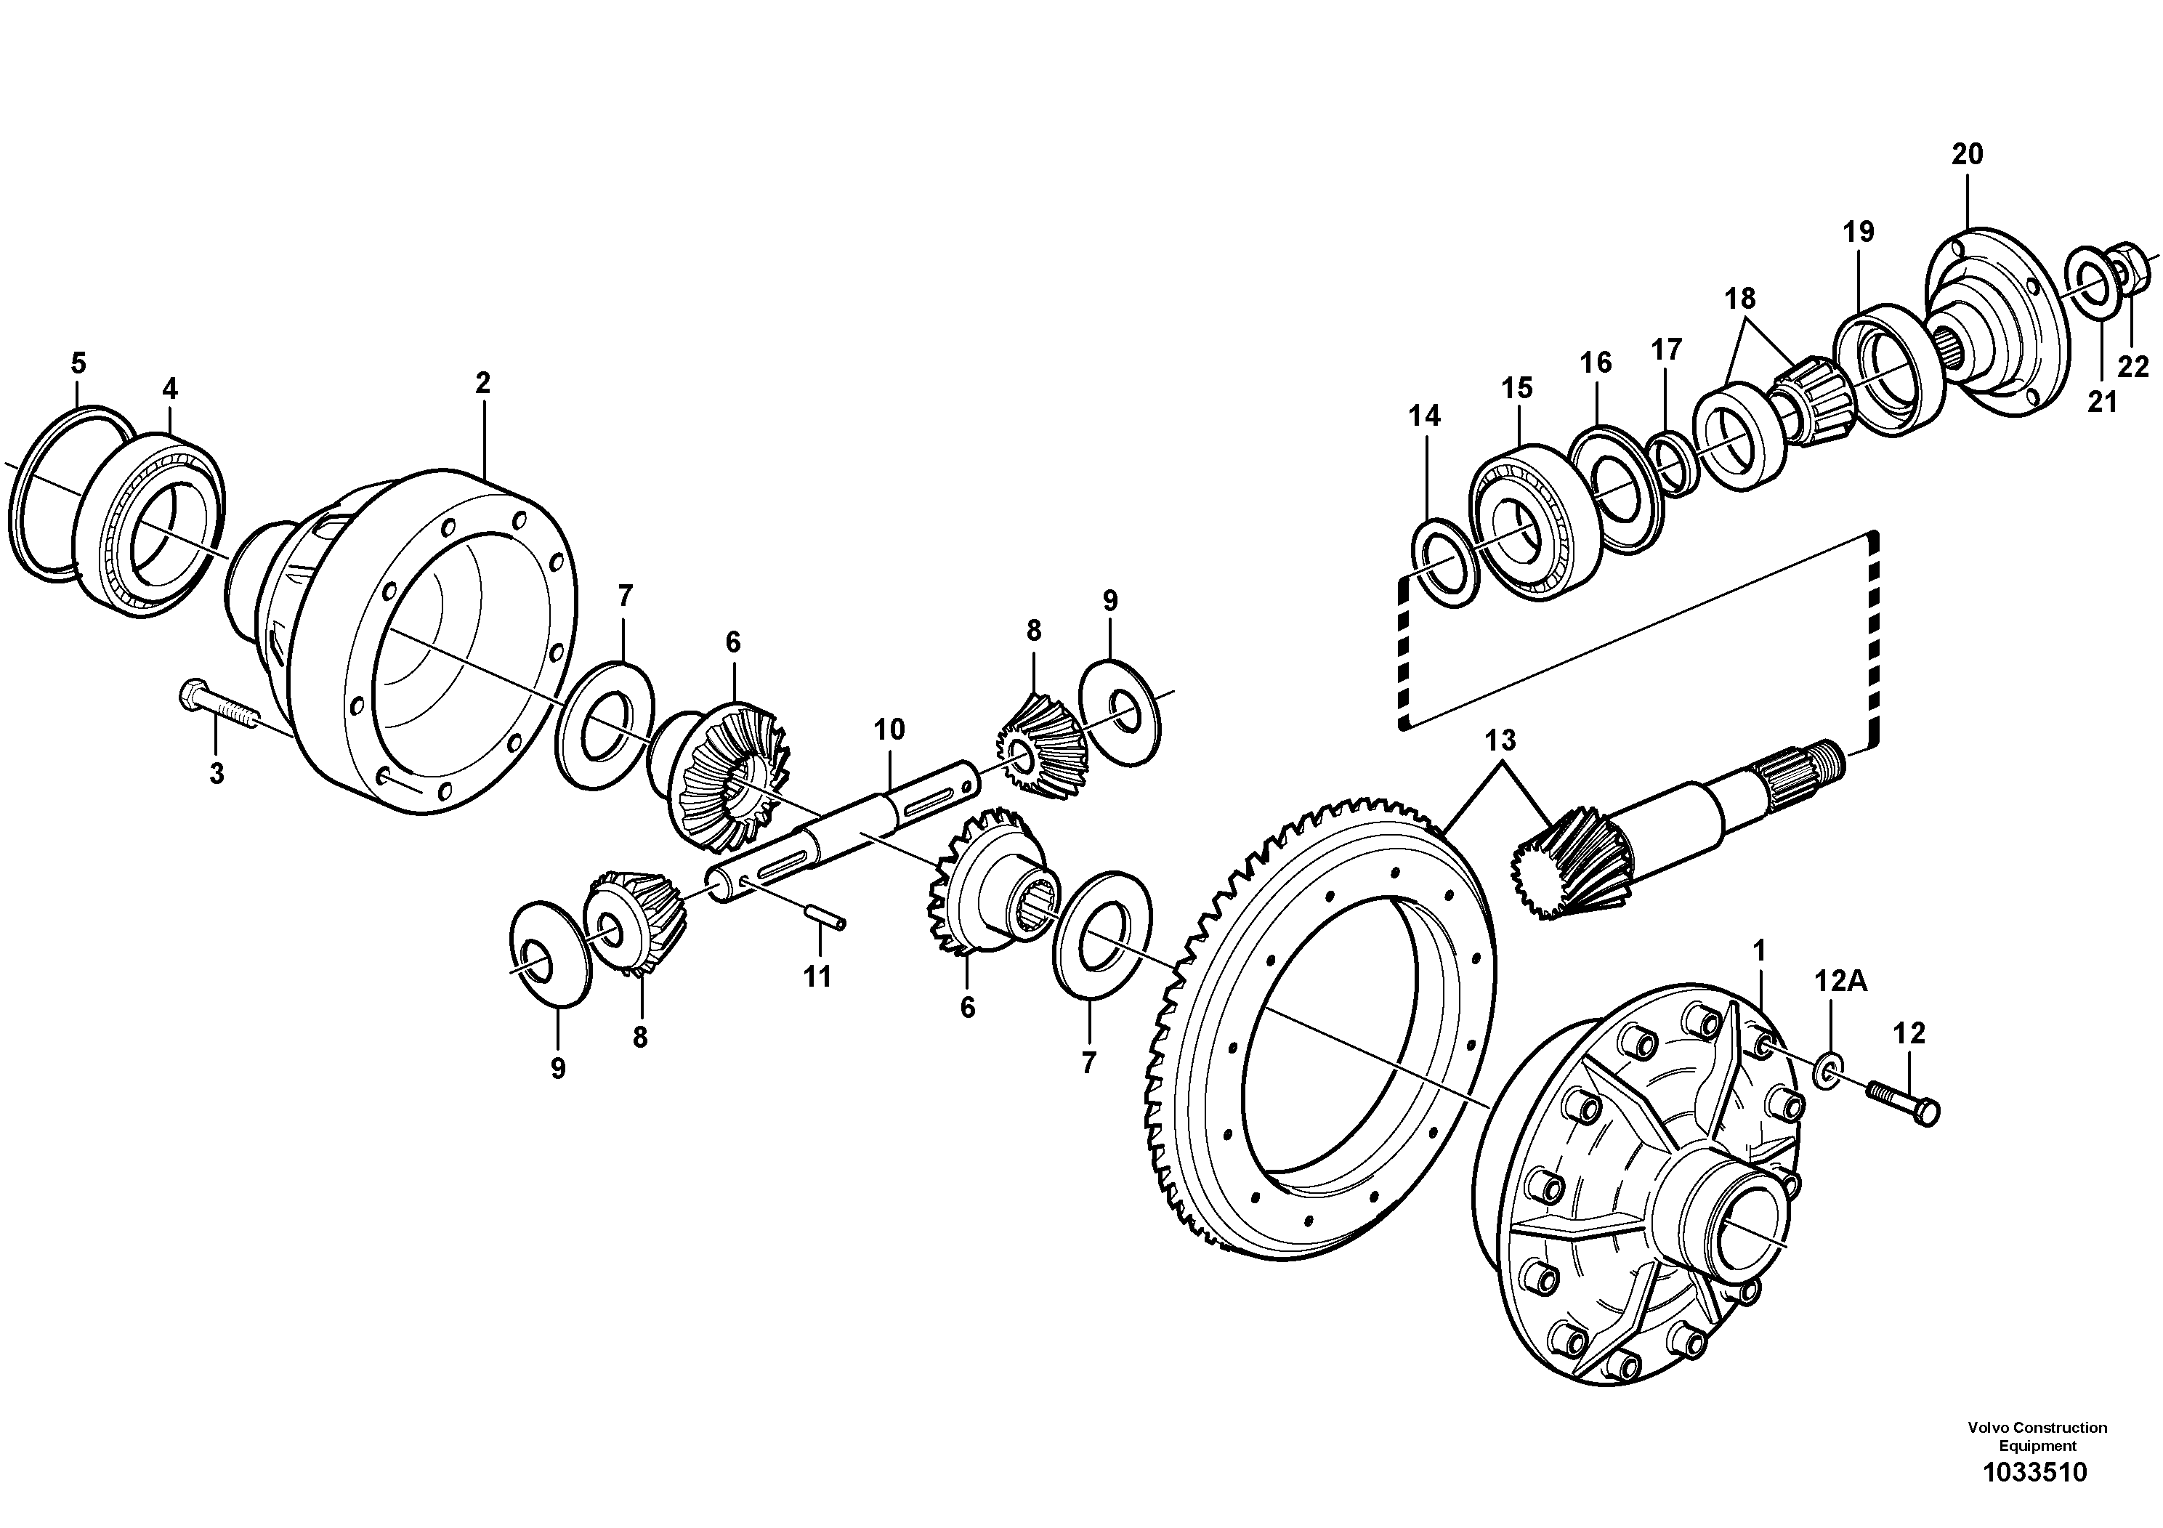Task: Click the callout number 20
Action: pyautogui.click(x=1967, y=153)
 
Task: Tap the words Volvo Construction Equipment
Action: pyautogui.click(x=2037, y=1436)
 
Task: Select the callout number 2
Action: pyautogui.click(x=482, y=384)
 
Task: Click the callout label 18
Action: pyautogui.click(x=1740, y=299)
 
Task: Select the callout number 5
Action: pyautogui.click(x=78, y=363)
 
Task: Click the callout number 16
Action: pyautogui.click(x=1596, y=362)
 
